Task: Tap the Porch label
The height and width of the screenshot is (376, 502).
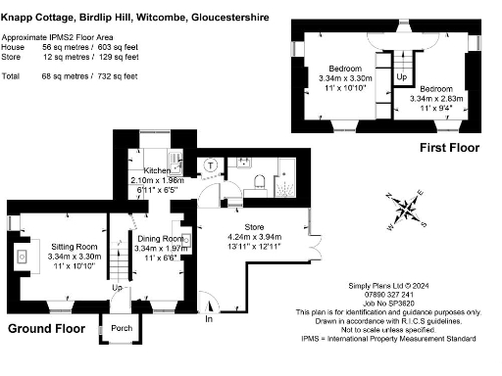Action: point(122,328)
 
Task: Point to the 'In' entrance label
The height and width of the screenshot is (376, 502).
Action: point(208,319)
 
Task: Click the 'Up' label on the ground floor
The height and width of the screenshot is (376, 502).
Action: point(118,288)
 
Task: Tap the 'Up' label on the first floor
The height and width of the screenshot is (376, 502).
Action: point(401,75)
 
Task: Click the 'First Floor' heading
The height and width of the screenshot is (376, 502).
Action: point(449,148)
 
